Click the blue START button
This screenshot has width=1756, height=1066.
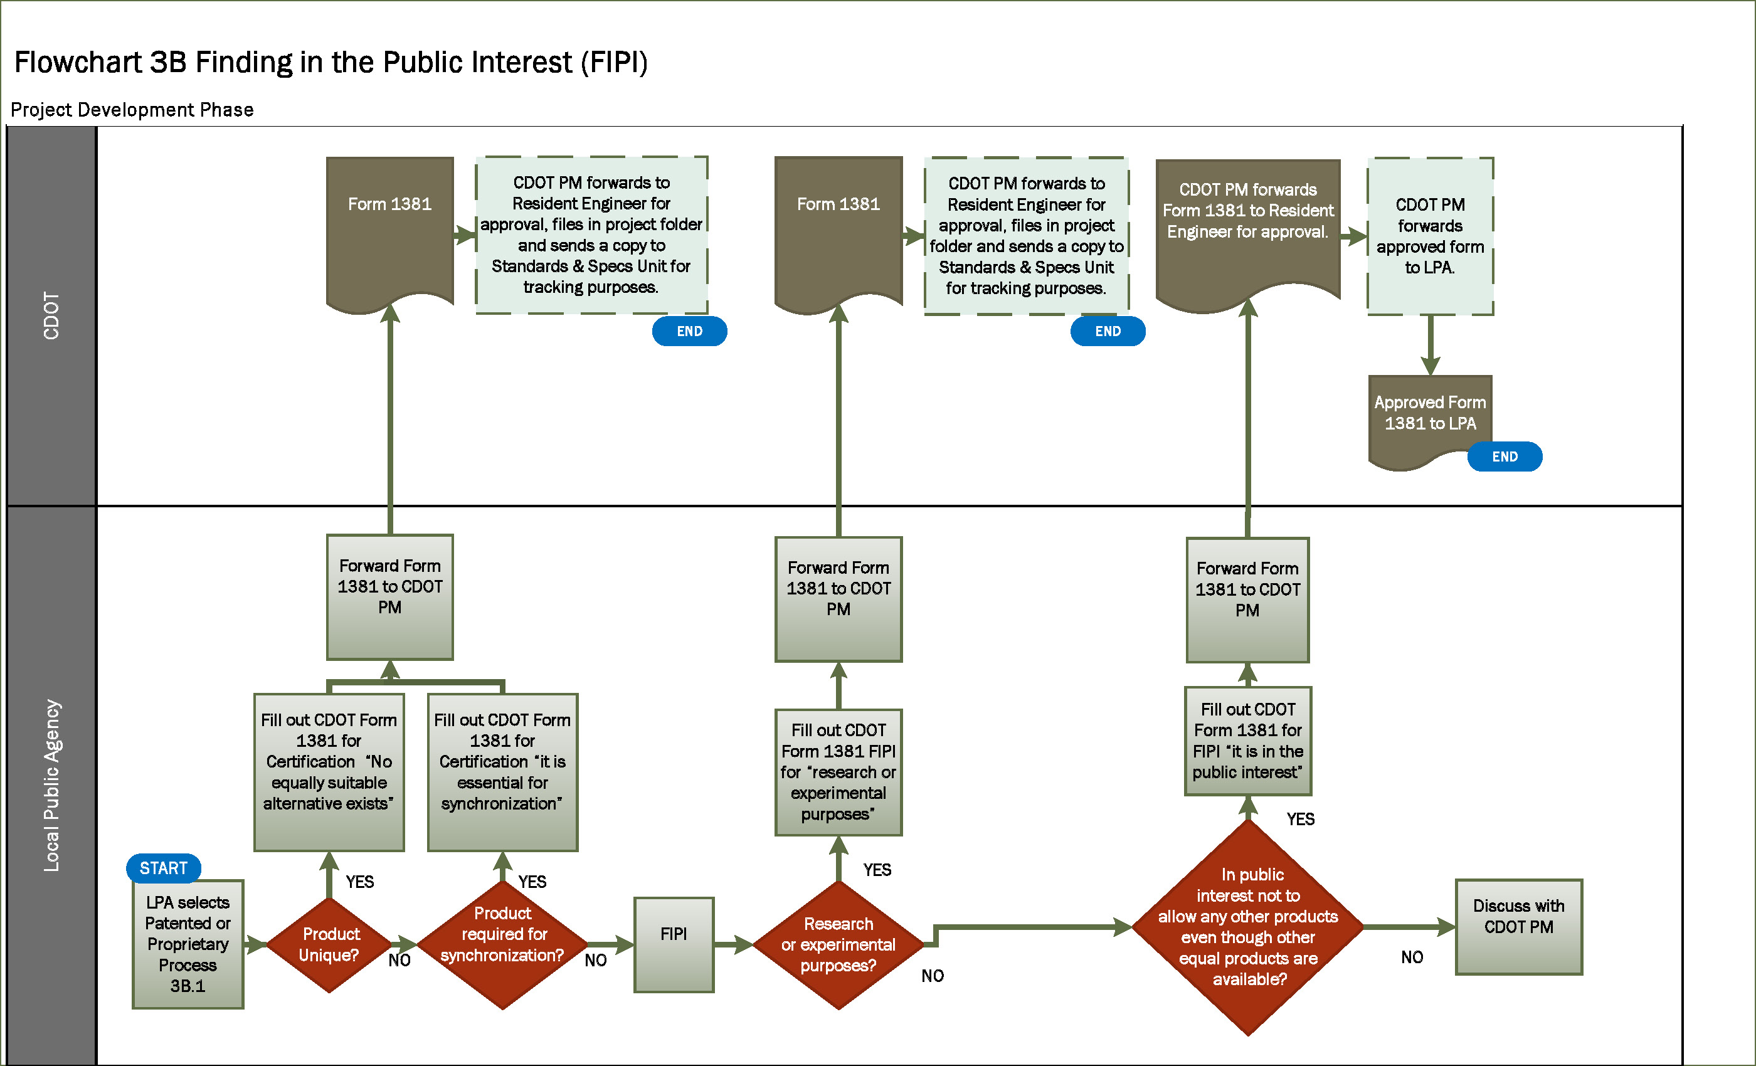(163, 868)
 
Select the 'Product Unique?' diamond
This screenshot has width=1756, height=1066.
(329, 944)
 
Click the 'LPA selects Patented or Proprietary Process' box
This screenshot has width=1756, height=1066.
(188, 944)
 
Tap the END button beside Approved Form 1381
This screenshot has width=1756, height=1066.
(1505, 456)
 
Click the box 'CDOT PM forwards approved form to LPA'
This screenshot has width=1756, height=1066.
(1430, 236)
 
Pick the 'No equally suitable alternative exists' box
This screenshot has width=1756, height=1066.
(329, 772)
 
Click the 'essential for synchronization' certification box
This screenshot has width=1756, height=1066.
(502, 772)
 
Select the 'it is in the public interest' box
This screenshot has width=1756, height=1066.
(1247, 741)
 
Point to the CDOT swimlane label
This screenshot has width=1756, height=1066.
(51, 315)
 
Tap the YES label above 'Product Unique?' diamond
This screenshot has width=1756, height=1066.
(360, 882)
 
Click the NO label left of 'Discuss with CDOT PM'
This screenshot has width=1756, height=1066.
(1412, 957)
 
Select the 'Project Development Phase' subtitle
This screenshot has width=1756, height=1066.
(132, 110)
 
